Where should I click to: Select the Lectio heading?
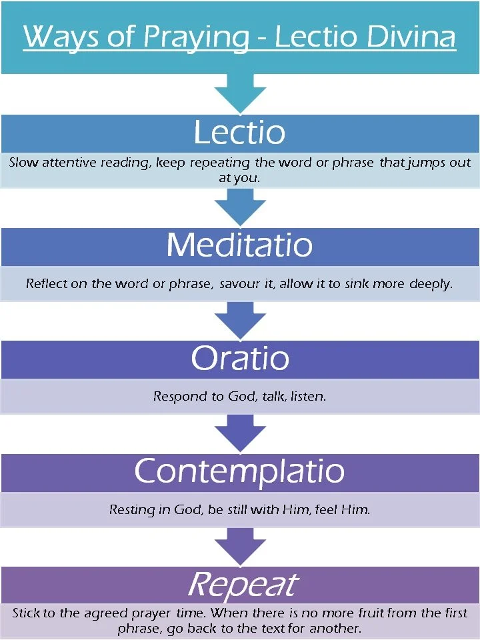[239, 133]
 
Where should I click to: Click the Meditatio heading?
[239, 245]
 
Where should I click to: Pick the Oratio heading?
[239, 359]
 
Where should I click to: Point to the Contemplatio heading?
[239, 472]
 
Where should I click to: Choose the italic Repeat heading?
[241, 585]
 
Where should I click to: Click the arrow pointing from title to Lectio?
[240, 93]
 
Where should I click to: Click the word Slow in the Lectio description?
[23, 163]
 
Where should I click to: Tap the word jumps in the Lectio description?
[423, 163]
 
